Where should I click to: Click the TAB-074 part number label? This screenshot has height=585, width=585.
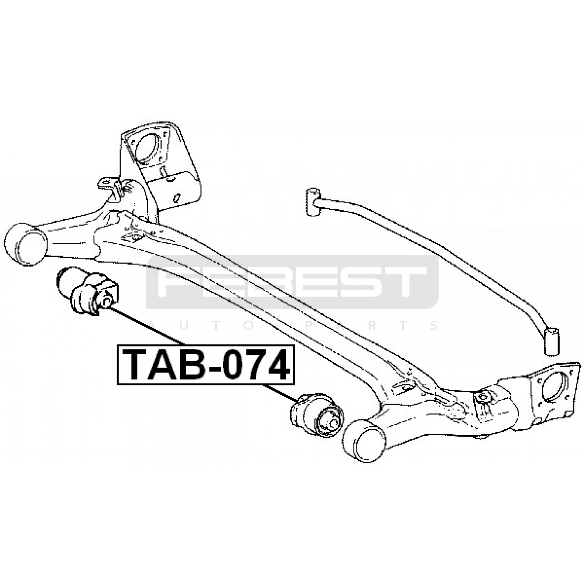pos(206,365)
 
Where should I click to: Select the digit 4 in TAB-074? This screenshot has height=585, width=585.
pos(277,365)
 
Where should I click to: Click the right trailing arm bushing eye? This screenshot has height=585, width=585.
pos(364,441)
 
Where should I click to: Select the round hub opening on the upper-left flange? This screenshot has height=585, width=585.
pos(148,150)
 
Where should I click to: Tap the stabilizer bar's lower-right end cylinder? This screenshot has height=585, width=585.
pos(552,341)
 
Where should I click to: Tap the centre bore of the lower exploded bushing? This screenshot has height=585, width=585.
pos(332,423)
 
